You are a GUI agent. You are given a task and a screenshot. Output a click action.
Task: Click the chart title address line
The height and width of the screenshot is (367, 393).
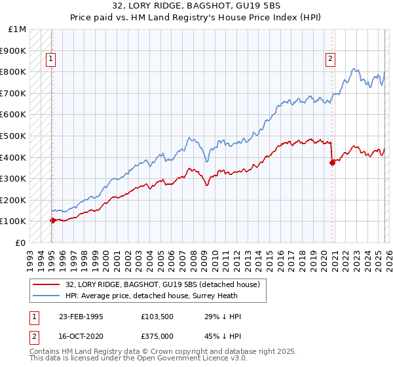pos(196,6)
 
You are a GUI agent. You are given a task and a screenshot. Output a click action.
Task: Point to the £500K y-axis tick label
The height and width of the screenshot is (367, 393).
pos(13,136)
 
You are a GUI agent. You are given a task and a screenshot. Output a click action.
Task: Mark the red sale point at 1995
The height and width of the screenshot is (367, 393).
pos(52,220)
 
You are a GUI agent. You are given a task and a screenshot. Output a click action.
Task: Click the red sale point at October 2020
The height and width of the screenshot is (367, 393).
pos(332,163)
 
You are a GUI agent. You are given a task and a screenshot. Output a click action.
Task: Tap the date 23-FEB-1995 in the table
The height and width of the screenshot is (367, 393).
pos(81,317)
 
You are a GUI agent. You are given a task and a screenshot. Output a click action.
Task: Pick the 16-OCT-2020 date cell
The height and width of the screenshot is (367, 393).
pos(81,338)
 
